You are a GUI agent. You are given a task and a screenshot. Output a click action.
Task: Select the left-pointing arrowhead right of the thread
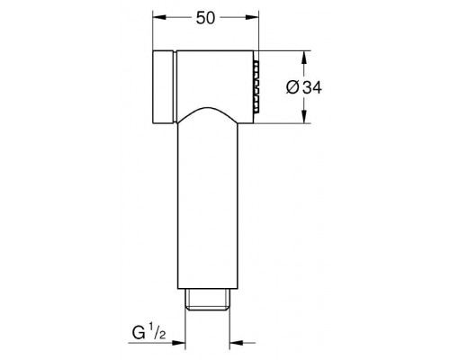coord(236,343)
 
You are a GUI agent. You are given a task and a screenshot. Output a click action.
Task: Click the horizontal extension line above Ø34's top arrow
coord(288,49)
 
